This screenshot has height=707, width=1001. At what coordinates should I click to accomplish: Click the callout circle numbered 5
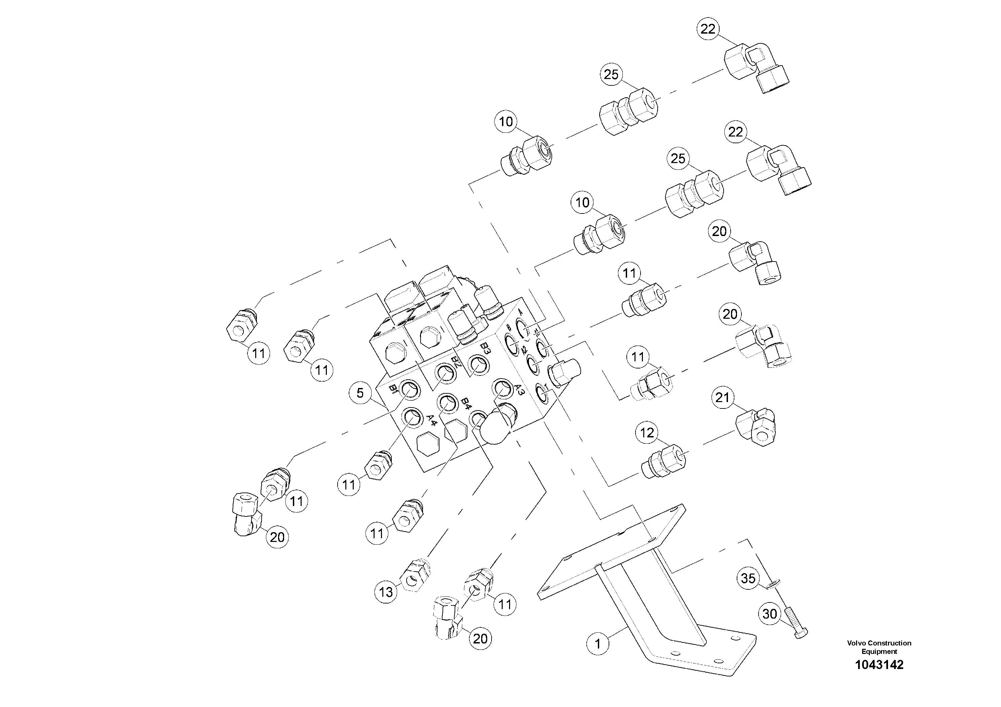(x=360, y=393)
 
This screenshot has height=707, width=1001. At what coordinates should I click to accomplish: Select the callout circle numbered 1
(x=598, y=643)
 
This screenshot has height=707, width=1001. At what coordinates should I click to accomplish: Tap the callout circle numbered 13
(x=386, y=592)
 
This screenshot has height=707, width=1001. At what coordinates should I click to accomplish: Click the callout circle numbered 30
(x=770, y=614)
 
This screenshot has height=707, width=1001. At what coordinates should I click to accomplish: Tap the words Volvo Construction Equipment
(x=879, y=647)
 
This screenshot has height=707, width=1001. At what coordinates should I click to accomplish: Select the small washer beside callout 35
(x=773, y=583)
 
